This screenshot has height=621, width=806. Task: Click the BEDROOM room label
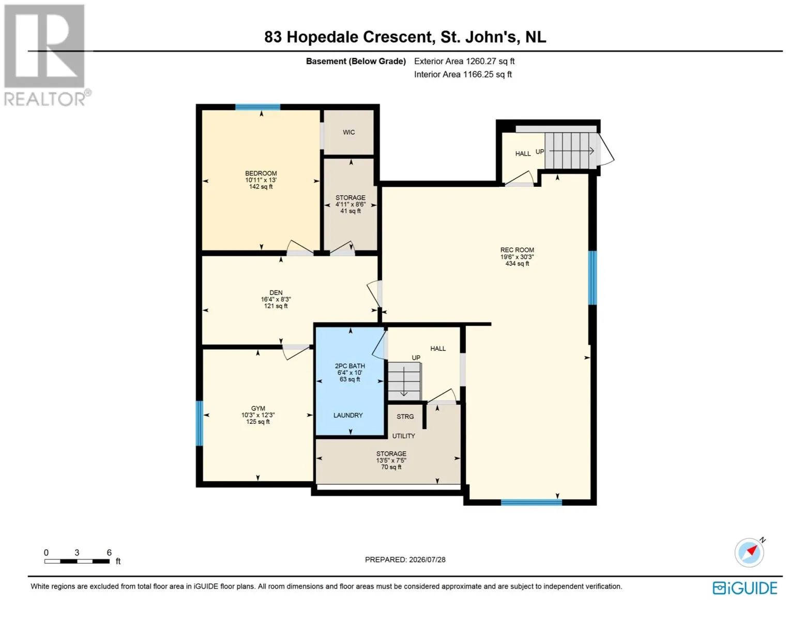click(261, 173)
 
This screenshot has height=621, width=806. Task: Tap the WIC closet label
click(348, 132)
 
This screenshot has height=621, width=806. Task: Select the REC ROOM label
click(517, 250)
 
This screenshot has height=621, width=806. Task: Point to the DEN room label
click(276, 292)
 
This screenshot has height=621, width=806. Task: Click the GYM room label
click(258, 408)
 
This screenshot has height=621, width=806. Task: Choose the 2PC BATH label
click(350, 366)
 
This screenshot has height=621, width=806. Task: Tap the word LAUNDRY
click(348, 415)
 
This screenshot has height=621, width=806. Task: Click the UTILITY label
click(404, 436)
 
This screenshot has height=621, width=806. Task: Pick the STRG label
click(405, 417)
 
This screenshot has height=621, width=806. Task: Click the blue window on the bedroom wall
click(257, 107)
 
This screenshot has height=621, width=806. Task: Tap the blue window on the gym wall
click(200, 423)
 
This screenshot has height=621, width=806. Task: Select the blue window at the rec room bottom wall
click(531, 502)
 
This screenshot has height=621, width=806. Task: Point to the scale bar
click(77, 561)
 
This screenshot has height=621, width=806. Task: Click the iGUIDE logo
click(745, 588)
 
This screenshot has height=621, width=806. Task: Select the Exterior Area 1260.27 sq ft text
click(464, 61)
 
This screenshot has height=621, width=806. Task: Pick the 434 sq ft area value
click(517, 263)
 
